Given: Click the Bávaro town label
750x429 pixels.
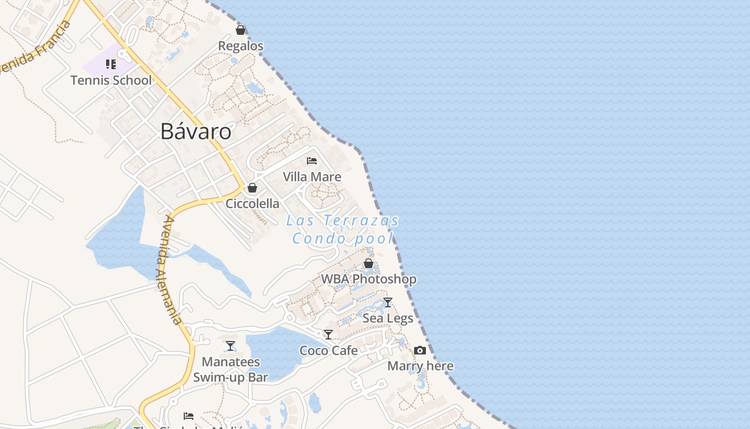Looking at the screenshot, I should click(x=196, y=131).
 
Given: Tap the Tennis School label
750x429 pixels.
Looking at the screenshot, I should click(x=111, y=80).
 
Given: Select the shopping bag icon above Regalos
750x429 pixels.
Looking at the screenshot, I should click(x=241, y=30).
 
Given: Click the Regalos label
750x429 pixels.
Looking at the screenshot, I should click(x=241, y=46).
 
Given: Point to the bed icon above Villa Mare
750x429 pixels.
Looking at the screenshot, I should click(x=312, y=160).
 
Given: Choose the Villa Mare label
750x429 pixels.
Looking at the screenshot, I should click(x=312, y=176).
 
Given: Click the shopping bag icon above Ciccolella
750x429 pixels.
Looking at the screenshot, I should click(x=252, y=188).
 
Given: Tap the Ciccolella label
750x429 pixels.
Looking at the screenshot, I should click(x=252, y=204).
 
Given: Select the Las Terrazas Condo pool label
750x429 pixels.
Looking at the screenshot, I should click(x=343, y=229).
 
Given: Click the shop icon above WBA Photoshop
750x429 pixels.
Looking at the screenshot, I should click(x=369, y=263).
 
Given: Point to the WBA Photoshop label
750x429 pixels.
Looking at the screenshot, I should click(x=369, y=279).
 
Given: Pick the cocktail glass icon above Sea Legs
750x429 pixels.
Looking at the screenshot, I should click(x=388, y=302).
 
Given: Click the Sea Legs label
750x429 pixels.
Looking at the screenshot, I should click(x=388, y=319).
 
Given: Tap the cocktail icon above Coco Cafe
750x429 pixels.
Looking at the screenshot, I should click(x=328, y=335).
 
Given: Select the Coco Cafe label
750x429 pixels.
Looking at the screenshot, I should click(x=328, y=351).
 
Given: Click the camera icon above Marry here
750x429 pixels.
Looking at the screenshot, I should click(x=420, y=350).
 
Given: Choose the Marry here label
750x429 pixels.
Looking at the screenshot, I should click(x=420, y=366).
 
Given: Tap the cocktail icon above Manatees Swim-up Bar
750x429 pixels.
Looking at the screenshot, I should click(x=230, y=346).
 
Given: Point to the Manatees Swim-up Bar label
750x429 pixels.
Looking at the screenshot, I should click(x=230, y=370).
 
